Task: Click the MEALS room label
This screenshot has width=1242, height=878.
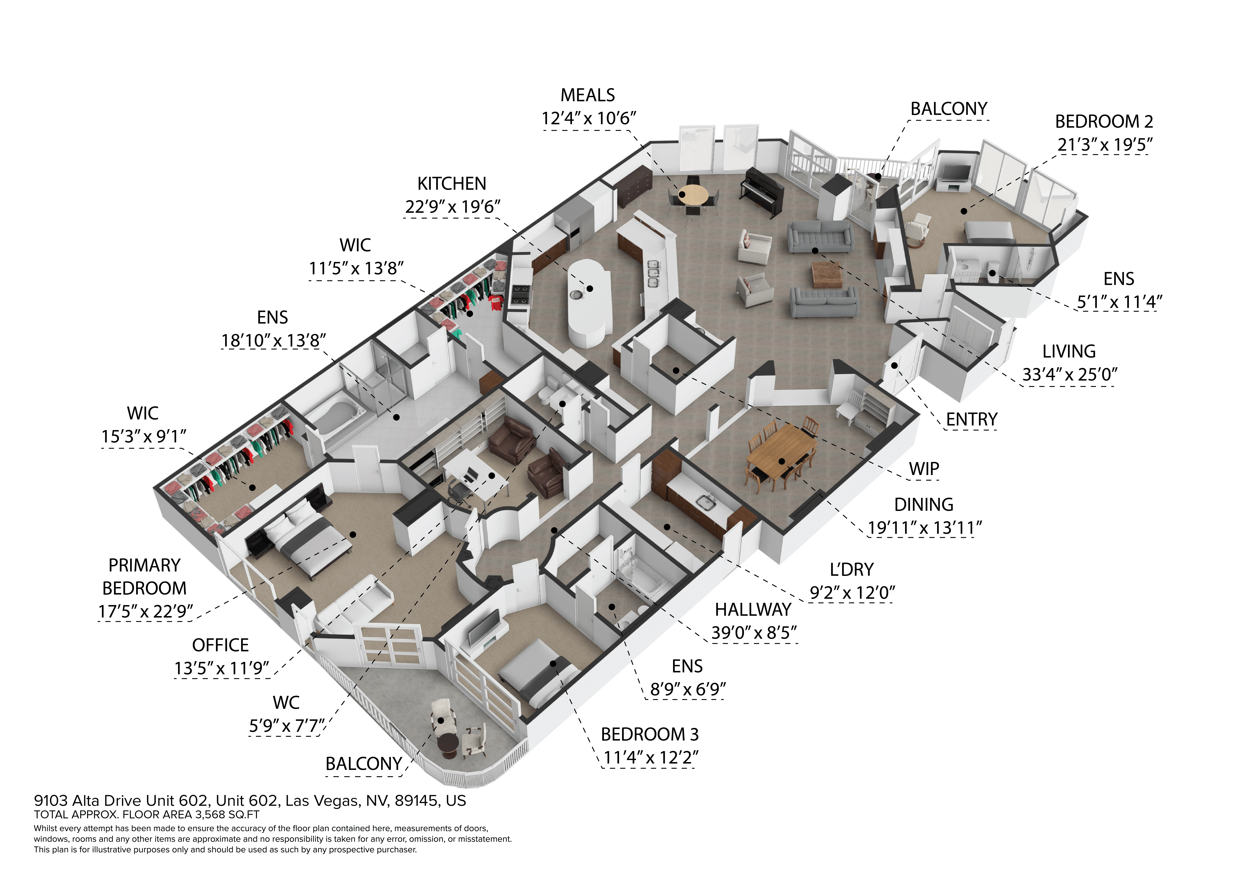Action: tap(588, 95)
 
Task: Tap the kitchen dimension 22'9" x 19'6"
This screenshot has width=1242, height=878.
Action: tap(452, 207)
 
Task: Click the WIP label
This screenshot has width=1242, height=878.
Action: tap(923, 468)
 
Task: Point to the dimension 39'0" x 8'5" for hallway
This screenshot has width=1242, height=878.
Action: tap(754, 632)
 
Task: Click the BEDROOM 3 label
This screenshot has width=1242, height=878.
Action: tap(649, 734)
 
